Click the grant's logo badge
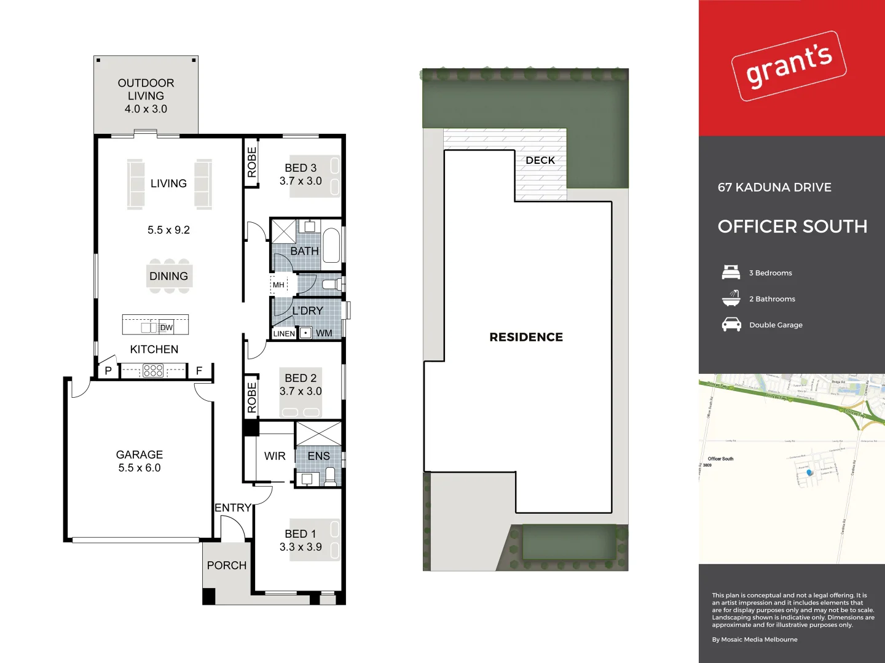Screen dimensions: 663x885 click(789, 66)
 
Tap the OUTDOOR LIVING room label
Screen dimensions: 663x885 click(146, 96)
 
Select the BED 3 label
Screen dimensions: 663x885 click(301, 168)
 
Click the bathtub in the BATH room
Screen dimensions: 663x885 click(331, 246)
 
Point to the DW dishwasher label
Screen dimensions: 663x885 click(167, 328)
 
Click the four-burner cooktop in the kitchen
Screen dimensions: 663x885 click(153, 370)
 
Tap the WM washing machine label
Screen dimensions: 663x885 click(324, 333)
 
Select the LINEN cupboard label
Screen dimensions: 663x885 click(284, 334)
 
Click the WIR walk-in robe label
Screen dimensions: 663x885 click(275, 456)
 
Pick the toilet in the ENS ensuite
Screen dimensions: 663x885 click(330, 476)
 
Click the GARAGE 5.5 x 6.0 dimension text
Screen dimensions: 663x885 click(140, 468)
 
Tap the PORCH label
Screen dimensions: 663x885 click(227, 565)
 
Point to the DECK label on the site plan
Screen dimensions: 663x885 click(540, 160)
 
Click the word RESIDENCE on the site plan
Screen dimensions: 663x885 click(526, 337)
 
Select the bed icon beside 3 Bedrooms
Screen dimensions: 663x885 click(731, 273)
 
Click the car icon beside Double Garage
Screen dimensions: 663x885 click(731, 325)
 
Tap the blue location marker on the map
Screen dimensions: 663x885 click(809, 472)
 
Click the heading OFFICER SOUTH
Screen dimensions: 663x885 click(792, 227)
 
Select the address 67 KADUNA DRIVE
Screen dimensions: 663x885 click(774, 187)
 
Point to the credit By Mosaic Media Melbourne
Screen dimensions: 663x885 click(755, 640)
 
